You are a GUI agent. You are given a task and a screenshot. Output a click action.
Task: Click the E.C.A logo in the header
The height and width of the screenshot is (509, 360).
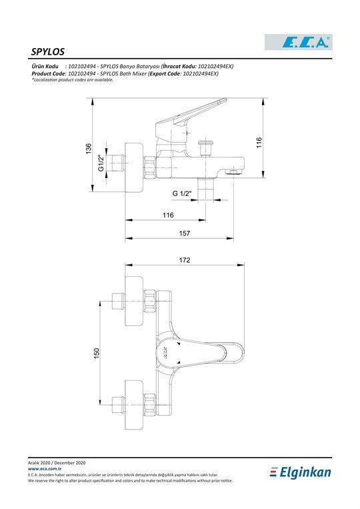pyautogui.click(x=299, y=42)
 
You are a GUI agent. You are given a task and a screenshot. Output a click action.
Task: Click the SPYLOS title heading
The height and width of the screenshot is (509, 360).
pyautogui.click(x=48, y=51)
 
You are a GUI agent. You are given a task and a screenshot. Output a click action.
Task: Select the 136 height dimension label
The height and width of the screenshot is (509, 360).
pyautogui.click(x=88, y=149)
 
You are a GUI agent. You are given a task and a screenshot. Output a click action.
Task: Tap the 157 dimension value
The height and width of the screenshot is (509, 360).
pyautogui.click(x=184, y=233)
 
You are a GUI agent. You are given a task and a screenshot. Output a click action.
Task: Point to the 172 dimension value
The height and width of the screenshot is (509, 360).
pyautogui.click(x=185, y=260)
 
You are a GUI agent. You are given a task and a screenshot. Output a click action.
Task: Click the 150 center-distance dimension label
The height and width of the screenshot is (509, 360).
pyautogui.click(x=97, y=354)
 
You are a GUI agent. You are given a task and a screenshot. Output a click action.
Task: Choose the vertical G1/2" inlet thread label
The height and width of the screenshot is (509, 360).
pyautogui.click(x=101, y=163)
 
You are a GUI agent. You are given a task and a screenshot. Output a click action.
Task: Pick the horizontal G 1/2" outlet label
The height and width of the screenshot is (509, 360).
pyautogui.click(x=182, y=194)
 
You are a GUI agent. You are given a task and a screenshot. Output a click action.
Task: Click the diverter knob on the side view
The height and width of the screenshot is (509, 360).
pyautogui.click(x=205, y=148)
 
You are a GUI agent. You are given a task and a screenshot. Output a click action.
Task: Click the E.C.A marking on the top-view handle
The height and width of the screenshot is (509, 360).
pyautogui.click(x=165, y=352)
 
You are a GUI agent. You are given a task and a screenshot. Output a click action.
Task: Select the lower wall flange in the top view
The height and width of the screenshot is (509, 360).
pyautogui.click(x=134, y=405)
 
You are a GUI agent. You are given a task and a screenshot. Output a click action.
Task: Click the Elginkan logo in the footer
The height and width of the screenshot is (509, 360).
pyautogui.click(x=300, y=472)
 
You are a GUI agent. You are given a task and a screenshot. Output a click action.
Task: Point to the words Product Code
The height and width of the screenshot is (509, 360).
pyautogui.click(x=48, y=73)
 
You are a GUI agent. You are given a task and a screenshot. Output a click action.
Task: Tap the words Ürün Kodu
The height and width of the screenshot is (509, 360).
pyautogui.click(x=45, y=66)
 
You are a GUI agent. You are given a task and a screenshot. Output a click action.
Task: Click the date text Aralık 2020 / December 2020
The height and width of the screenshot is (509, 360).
pyautogui.click(x=57, y=463)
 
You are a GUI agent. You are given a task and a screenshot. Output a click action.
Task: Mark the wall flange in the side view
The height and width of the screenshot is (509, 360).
pyautogui.click(x=134, y=167)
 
